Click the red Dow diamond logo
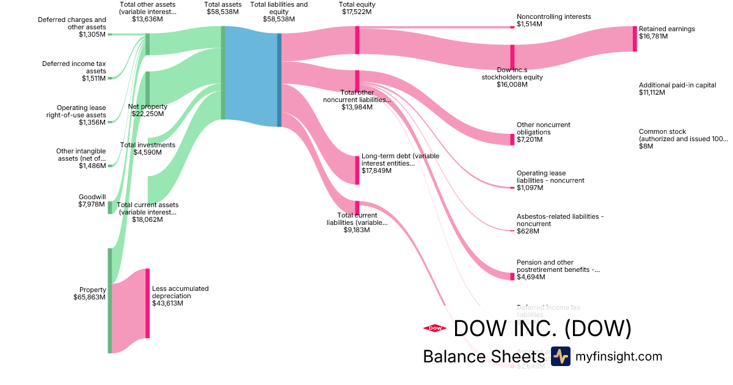click(x=434, y=328)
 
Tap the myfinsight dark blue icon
click(x=560, y=356)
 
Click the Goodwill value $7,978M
click(x=92, y=204)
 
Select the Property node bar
click(x=110, y=300)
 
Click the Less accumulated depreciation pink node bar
click(x=147, y=303)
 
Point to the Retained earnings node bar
click(x=635, y=38)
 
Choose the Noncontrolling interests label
click(x=553, y=17)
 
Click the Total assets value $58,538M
click(x=222, y=12)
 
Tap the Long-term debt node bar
click(x=357, y=170)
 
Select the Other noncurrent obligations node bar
click(x=512, y=139)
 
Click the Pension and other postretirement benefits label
click(x=558, y=266)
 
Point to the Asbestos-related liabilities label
click(x=560, y=220)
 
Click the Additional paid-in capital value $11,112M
click(x=658, y=92)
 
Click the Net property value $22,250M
click(x=147, y=114)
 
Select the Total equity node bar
click(x=357, y=40)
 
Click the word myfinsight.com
click(x=619, y=356)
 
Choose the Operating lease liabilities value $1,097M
click(x=529, y=188)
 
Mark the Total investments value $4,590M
click(x=147, y=152)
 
